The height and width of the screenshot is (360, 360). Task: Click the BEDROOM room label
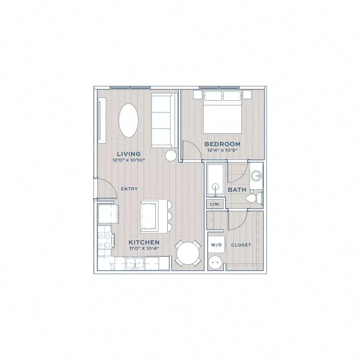pyautogui.click(x=222, y=144)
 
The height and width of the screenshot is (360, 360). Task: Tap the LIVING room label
pyautogui.click(x=129, y=154)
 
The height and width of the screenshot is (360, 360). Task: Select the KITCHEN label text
pyautogui.click(x=144, y=242)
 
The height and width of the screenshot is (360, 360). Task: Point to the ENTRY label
pyautogui.click(x=129, y=189)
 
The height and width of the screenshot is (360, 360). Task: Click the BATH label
pyautogui.click(x=237, y=190)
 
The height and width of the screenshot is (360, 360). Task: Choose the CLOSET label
pyautogui.click(x=241, y=245)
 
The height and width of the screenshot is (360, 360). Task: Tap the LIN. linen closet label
pyautogui.click(x=215, y=204)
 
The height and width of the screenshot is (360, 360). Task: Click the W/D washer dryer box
pyautogui.click(x=216, y=244)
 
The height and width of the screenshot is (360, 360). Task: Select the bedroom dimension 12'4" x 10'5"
pyautogui.click(x=222, y=150)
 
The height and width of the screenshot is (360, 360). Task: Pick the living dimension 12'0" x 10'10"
pyautogui.click(x=129, y=160)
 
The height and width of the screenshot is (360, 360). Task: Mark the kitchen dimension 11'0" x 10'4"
pyautogui.click(x=144, y=248)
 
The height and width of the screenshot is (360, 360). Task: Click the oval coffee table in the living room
pyautogui.click(x=128, y=120)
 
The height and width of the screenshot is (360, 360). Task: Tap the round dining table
pyautogui.click(x=188, y=253)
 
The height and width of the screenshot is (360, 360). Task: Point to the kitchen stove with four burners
pyautogui.click(x=106, y=240)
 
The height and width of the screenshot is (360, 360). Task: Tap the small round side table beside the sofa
pyautogui.click(x=171, y=156)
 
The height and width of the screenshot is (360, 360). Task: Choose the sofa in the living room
pyautogui.click(x=164, y=120)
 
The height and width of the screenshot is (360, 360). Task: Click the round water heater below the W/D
pyautogui.click(x=216, y=262)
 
